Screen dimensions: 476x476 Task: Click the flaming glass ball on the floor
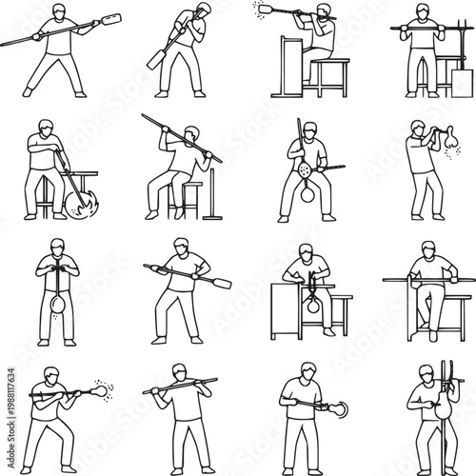(78, 202)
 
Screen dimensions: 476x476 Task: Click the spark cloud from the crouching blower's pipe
(104, 389)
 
